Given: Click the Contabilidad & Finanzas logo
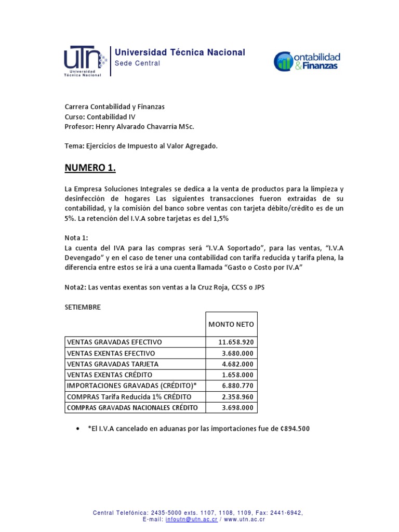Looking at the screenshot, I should [307, 61].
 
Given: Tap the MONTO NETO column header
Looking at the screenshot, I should [231, 324].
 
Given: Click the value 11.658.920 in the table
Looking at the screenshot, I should [236, 342].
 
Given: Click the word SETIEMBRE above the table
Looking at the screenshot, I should [83, 307].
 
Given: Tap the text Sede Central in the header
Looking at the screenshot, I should [137, 63].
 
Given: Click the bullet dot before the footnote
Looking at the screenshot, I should [77, 429].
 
